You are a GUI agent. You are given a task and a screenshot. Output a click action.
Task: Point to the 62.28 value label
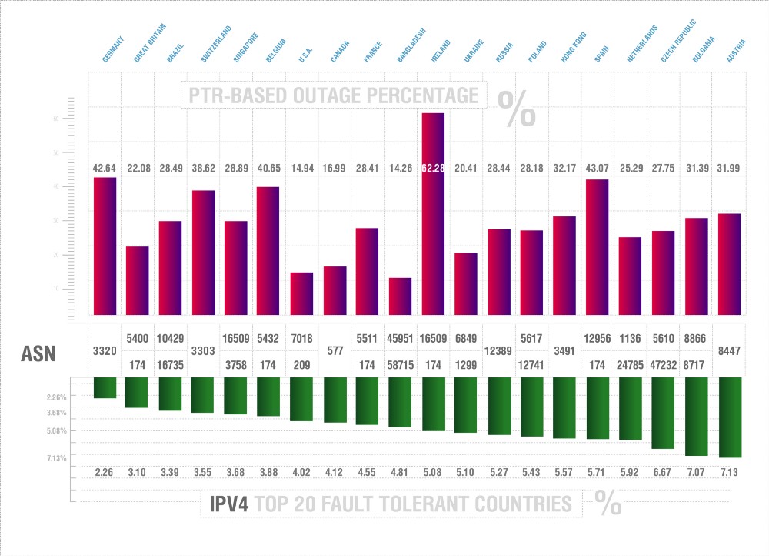tap(433, 168)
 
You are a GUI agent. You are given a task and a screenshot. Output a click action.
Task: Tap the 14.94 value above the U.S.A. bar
tap(301, 168)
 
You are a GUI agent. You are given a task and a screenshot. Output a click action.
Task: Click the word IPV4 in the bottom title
tap(228, 504)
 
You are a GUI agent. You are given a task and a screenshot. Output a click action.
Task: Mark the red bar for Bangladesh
tap(400, 296)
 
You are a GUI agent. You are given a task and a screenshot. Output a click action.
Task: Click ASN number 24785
tap(631, 365)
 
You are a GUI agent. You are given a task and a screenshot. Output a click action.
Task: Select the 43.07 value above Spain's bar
tap(598, 168)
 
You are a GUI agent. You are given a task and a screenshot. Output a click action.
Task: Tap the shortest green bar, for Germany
tap(105, 387)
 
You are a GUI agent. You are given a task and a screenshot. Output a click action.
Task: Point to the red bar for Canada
tap(335, 291)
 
